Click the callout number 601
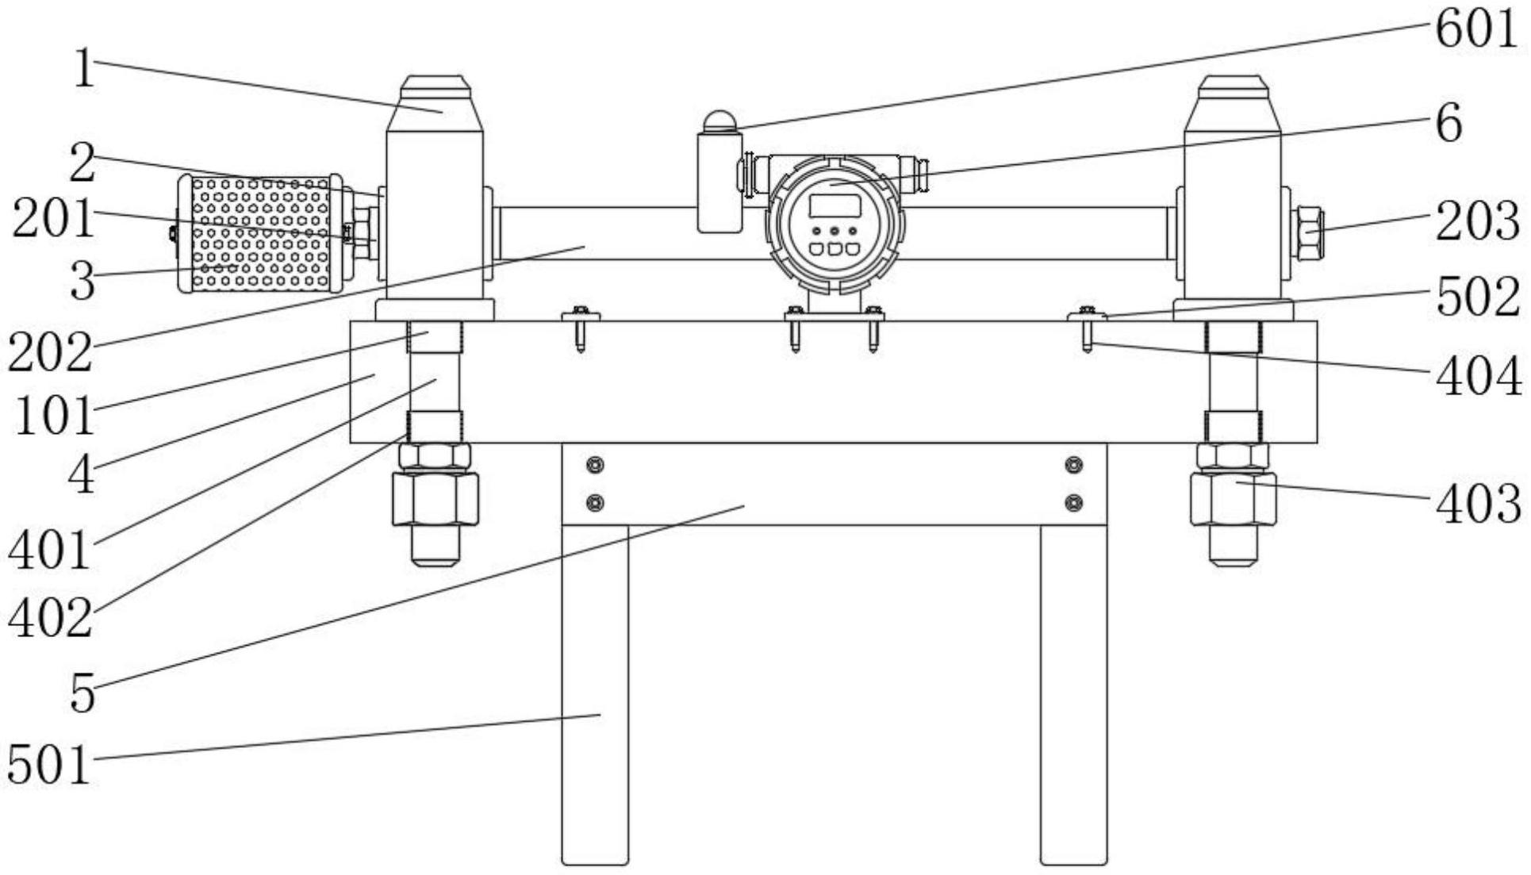(x=1475, y=30)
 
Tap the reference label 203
(x=1477, y=221)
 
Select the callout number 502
(x=1477, y=297)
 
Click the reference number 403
(x=1477, y=505)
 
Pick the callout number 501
(x=49, y=766)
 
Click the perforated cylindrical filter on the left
(x=260, y=234)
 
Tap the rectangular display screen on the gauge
(x=835, y=205)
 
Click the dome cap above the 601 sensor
(x=719, y=121)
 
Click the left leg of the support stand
(x=595, y=694)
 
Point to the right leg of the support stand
(x=1073, y=694)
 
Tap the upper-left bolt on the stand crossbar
(x=595, y=465)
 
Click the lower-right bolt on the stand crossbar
(x=1073, y=502)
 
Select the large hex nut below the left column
(x=436, y=499)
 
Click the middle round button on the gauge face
(x=835, y=232)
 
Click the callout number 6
(x=1449, y=125)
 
